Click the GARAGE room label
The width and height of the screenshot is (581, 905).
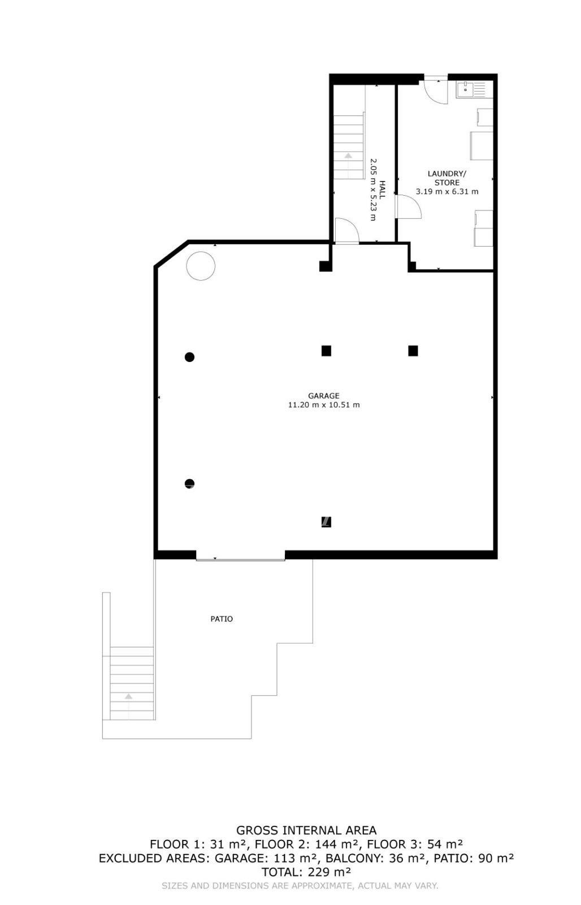coord(323,396)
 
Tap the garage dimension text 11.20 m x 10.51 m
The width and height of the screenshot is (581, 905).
coord(323,405)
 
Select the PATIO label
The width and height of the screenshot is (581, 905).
coord(222,619)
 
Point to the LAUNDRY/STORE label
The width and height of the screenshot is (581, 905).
coord(446,178)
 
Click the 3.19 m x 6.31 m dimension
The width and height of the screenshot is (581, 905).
coord(447,192)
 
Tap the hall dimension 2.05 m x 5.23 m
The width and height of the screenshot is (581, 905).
coord(373,189)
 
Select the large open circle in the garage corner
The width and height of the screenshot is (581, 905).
coord(201,266)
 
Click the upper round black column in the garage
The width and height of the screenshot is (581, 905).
coord(189,357)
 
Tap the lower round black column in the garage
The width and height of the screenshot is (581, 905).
coord(189,484)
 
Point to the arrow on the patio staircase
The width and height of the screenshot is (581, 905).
coord(128,706)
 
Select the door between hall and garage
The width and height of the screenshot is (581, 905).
coord(347,231)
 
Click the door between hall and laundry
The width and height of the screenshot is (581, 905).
coord(409,206)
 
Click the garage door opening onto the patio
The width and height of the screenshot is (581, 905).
coord(241,559)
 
